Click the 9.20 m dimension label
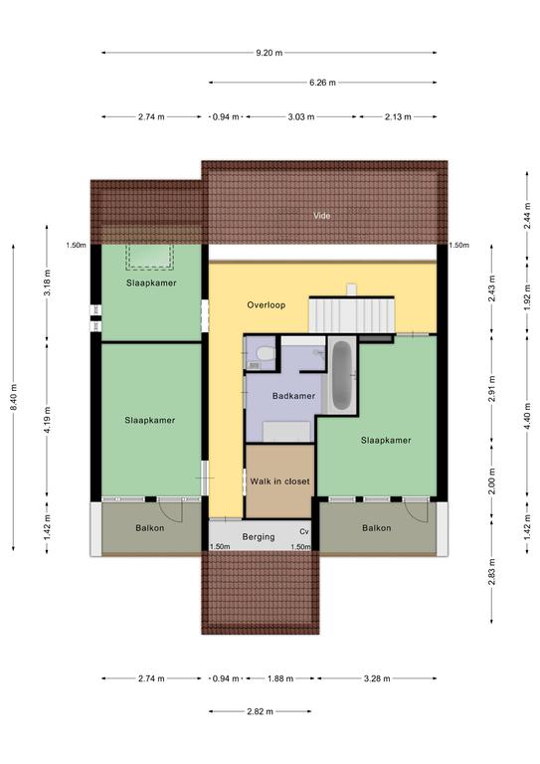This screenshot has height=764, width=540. pyautogui.click(x=270, y=53)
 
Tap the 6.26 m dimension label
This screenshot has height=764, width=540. pyautogui.click(x=322, y=83)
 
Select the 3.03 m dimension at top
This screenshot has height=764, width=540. pyautogui.click(x=301, y=117)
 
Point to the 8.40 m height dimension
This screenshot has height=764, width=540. pyautogui.click(x=14, y=397)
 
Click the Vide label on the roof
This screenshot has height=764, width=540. pyautogui.click(x=322, y=215)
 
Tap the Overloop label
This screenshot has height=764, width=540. pyautogui.click(x=266, y=305)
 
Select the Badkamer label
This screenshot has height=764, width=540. pyautogui.click(x=293, y=396)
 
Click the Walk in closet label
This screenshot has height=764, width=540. pyautogui.click(x=280, y=481)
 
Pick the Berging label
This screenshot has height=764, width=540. pyautogui.click(x=259, y=537)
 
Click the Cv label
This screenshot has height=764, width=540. pyautogui.click(x=304, y=531)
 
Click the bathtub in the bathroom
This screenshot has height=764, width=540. pyautogui.click(x=342, y=375)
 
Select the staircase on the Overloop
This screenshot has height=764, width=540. pyautogui.click(x=351, y=313)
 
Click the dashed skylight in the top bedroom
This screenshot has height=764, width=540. pyautogui.click(x=150, y=257)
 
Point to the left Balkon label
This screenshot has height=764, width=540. pyautogui.click(x=150, y=527)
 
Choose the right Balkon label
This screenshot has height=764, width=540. pyautogui.click(x=376, y=527)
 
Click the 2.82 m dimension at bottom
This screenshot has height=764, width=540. pyautogui.click(x=260, y=711)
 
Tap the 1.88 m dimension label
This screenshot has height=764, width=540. pyautogui.click(x=280, y=678)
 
